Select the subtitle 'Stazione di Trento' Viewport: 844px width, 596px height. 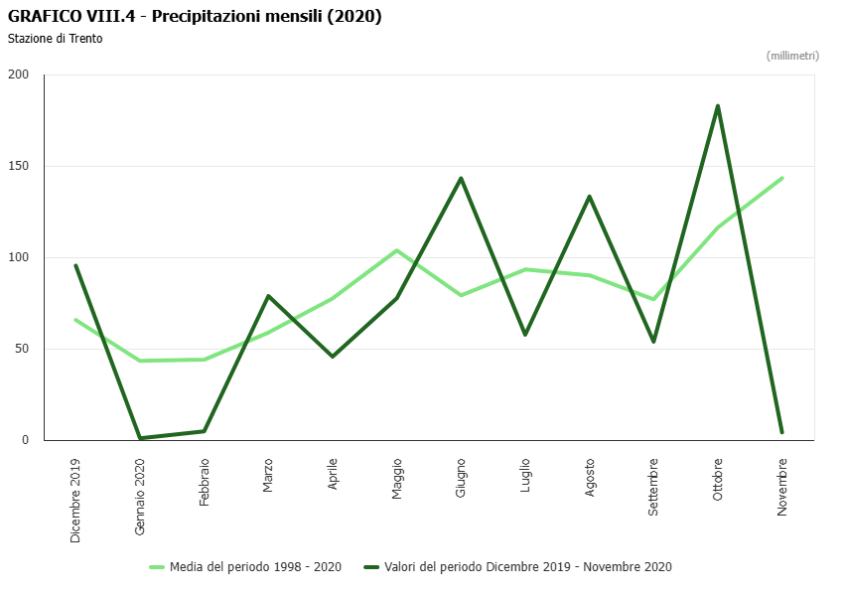coord(55,39)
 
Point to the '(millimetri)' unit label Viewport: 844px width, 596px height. coord(792,56)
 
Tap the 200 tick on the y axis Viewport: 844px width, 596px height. coord(19,74)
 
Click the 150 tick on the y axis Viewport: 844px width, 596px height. coord(19,166)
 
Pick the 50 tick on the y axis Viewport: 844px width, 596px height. coord(22,349)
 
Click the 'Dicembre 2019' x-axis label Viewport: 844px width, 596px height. coord(75,500)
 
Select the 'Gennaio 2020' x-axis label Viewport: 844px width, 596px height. coord(140,497)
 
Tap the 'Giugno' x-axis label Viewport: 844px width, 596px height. coord(462,477)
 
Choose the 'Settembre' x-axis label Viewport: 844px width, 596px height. coord(653,486)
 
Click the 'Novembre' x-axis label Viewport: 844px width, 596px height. coord(782,486)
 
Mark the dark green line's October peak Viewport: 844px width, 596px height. coord(717,106)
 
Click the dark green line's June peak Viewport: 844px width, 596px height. coord(461,178)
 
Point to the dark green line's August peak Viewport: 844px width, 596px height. coord(589,197)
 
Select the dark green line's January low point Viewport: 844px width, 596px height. coord(140,438)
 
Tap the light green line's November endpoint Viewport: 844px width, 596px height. coord(782,178)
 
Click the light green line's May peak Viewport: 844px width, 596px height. coord(397,250)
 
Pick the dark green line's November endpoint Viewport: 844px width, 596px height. coord(782,432)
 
